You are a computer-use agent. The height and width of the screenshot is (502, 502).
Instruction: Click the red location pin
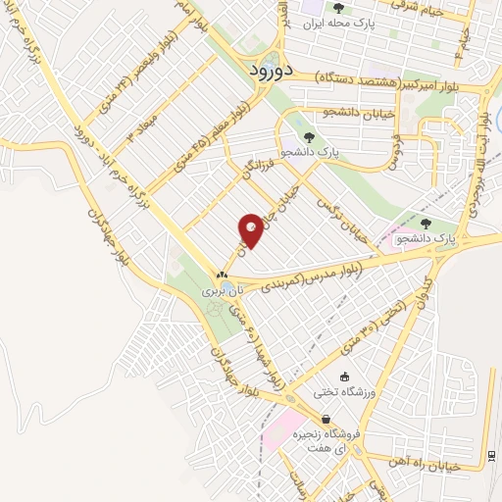point(252,228)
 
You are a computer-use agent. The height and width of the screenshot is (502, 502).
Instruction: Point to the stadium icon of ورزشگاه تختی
point(343,377)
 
